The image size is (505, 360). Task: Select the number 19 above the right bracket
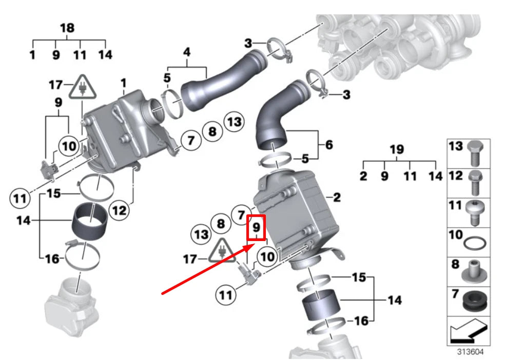pyautogui.click(x=397, y=149)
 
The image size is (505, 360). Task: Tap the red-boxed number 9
pyautogui.click(x=257, y=227)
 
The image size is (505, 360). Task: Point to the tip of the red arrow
pyautogui.click(x=252, y=245)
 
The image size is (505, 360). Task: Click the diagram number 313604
pyautogui.click(x=470, y=352)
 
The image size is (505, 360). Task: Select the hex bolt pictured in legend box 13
pyautogui.click(x=474, y=153)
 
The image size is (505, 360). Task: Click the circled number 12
pyautogui.click(x=119, y=210)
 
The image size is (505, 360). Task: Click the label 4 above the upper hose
pyautogui.click(x=187, y=52)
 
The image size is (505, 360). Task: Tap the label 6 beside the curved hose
pyautogui.click(x=328, y=145)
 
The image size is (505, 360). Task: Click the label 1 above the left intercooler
pyautogui.click(x=123, y=83)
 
